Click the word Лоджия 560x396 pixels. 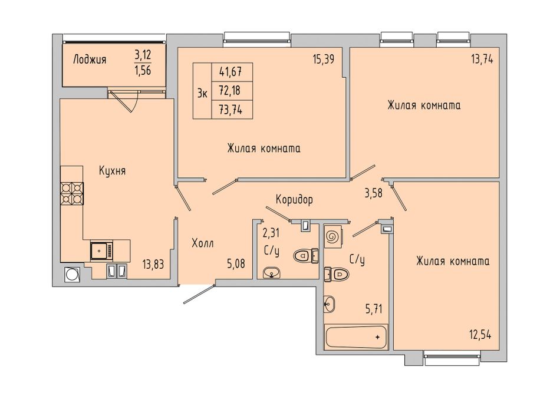click(x=90, y=59)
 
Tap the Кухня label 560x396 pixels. click(x=112, y=171)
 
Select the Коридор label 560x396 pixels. click(x=294, y=199)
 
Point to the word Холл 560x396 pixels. click(x=203, y=243)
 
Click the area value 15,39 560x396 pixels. click(x=324, y=60)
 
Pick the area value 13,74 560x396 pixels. click(x=482, y=60)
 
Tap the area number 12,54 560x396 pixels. click(x=480, y=335)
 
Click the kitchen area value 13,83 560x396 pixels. click(x=153, y=264)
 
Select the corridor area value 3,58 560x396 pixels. click(x=373, y=193)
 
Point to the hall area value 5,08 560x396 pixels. click(x=236, y=264)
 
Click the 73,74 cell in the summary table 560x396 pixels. click(x=232, y=110)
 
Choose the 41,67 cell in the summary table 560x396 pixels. click(x=232, y=72)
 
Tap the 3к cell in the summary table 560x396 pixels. click(x=203, y=91)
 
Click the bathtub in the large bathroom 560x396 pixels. click(x=355, y=336)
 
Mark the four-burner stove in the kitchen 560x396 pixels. click(x=72, y=193)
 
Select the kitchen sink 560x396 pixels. click(x=101, y=250)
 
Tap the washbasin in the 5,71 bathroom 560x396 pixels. click(x=330, y=304)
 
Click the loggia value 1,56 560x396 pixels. click(x=143, y=70)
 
